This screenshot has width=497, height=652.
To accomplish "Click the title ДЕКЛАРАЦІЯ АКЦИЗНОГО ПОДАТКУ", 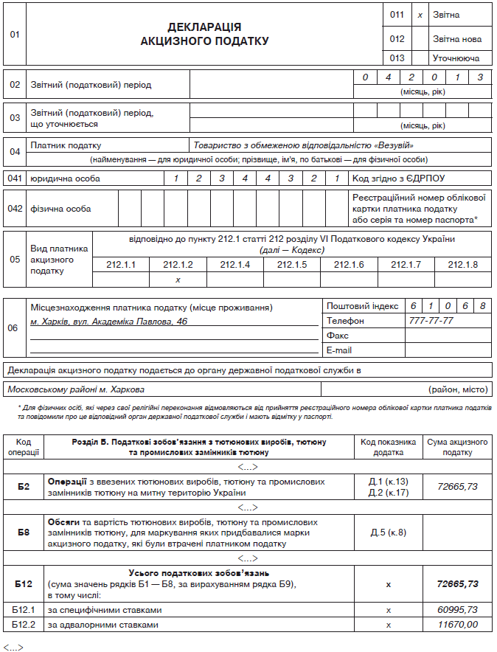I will pos(204,34).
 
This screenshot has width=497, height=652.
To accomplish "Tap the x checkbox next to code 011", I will pos(420,15).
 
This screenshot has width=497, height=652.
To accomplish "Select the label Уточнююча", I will pos(456,58).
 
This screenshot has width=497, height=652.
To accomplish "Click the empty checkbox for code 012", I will pos(420,38).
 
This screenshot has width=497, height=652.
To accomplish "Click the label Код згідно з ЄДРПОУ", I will pos(399,178).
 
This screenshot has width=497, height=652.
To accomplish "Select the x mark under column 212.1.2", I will pos(178,280).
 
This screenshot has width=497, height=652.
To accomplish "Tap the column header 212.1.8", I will pos(462,265).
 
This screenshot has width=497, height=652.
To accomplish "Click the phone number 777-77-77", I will pos(431,321).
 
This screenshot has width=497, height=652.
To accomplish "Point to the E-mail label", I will pos(339,350).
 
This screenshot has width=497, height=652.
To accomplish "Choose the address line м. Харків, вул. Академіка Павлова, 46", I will pos(109,322).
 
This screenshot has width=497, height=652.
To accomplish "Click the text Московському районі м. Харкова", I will pos(76,389).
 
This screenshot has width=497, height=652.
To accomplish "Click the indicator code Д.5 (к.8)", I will pos(388,533).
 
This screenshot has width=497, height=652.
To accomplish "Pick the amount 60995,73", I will pos(457,610).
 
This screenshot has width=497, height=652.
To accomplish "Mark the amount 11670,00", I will pos(457,625).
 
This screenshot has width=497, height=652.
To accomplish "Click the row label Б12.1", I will pos(24,610).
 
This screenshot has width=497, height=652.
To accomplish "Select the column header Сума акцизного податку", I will pos(457,447).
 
